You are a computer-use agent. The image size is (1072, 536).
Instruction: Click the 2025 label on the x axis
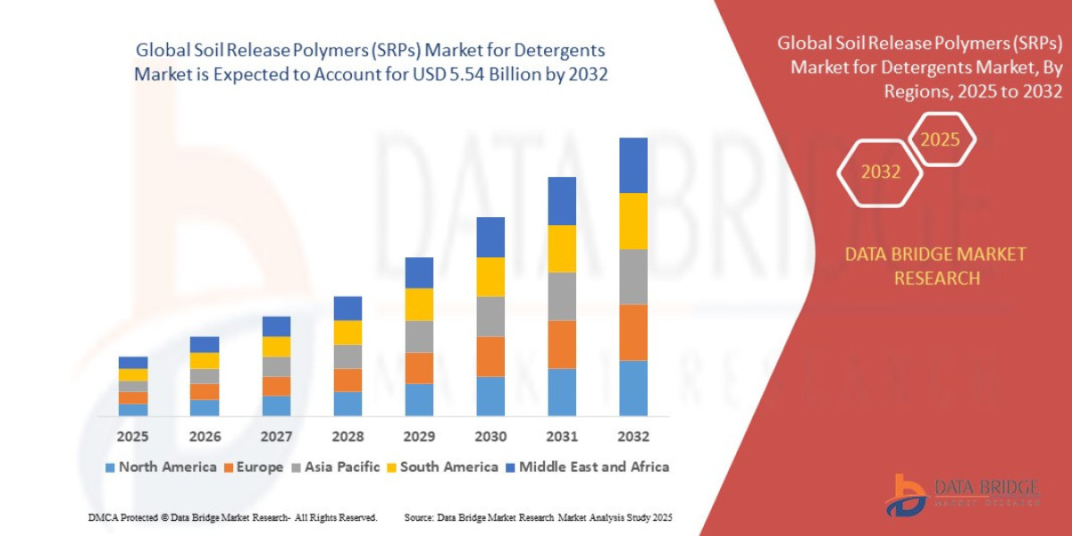click(x=132, y=437)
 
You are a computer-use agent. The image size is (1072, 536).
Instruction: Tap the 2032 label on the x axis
click(x=632, y=437)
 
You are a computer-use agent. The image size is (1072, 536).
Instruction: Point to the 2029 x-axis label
click(x=418, y=437)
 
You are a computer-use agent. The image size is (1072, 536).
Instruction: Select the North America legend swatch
click(x=110, y=467)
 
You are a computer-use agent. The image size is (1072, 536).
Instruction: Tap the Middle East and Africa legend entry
click(x=587, y=467)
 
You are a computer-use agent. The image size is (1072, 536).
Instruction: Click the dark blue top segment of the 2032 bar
click(x=632, y=165)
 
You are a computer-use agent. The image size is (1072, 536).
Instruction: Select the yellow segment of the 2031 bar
click(x=561, y=248)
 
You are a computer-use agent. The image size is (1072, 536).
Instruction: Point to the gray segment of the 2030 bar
click(x=490, y=316)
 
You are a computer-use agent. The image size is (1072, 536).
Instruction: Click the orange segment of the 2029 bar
click(x=418, y=368)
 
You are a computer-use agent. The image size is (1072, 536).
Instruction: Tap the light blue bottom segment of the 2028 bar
click(x=348, y=404)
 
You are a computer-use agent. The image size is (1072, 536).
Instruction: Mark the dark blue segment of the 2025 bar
click(x=132, y=363)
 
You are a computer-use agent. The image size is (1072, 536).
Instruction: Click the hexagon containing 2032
click(x=880, y=172)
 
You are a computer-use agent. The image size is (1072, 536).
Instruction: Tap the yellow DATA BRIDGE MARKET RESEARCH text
click(x=935, y=266)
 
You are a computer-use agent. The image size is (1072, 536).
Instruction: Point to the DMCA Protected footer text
click(x=232, y=518)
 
